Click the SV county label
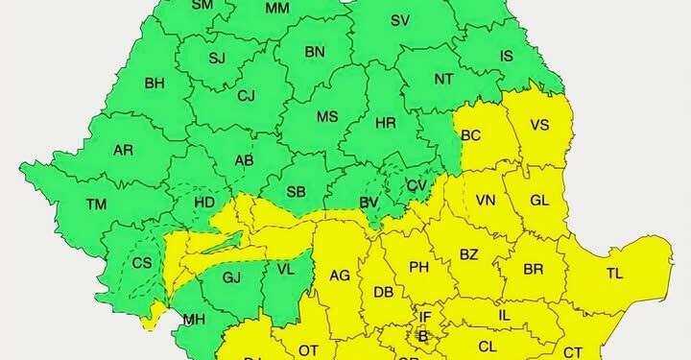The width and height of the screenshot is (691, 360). pyautogui.click(x=401, y=20)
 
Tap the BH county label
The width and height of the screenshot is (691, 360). pyautogui.click(x=155, y=84)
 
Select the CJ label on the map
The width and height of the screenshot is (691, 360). pyautogui.click(x=247, y=95)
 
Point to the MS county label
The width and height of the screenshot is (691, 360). pyautogui.click(x=328, y=117)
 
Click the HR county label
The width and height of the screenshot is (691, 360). pyautogui.click(x=386, y=124)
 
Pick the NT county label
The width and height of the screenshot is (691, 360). pyautogui.click(x=443, y=80)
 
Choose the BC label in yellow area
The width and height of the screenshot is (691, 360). pyautogui.click(x=471, y=135)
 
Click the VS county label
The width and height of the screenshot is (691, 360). pyautogui.click(x=539, y=125)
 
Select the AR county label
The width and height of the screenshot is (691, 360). pyautogui.click(x=123, y=151)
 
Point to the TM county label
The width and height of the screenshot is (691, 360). pyautogui.click(x=96, y=204)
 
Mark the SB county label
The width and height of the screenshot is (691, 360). pyautogui.click(x=296, y=193)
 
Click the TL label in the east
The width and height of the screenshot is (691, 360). pyautogui.click(x=615, y=274)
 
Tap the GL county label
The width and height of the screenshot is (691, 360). pyautogui.click(x=539, y=201)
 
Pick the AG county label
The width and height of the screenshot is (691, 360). pyautogui.click(x=340, y=275)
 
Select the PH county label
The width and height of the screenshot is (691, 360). pyautogui.click(x=418, y=267)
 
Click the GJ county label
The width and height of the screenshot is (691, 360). pyautogui.click(x=231, y=277)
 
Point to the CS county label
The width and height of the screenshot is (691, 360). pyautogui.click(x=143, y=263)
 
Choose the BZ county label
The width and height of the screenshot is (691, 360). pyautogui.click(x=469, y=254)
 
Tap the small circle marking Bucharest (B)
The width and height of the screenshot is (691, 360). pyautogui.click(x=422, y=335)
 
